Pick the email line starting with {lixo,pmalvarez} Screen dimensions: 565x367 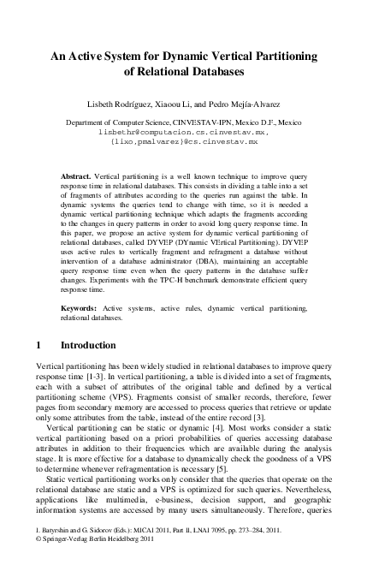click(x=183, y=143)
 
